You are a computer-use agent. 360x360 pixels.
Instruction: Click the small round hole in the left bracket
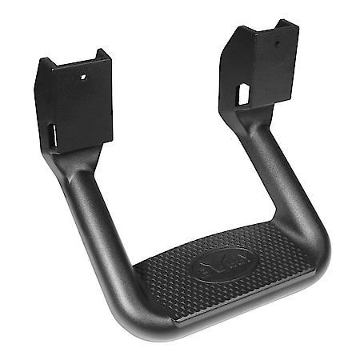point(82,78)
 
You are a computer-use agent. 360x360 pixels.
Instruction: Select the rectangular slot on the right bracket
point(242,93)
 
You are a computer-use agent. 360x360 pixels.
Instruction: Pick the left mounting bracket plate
point(76,104)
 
